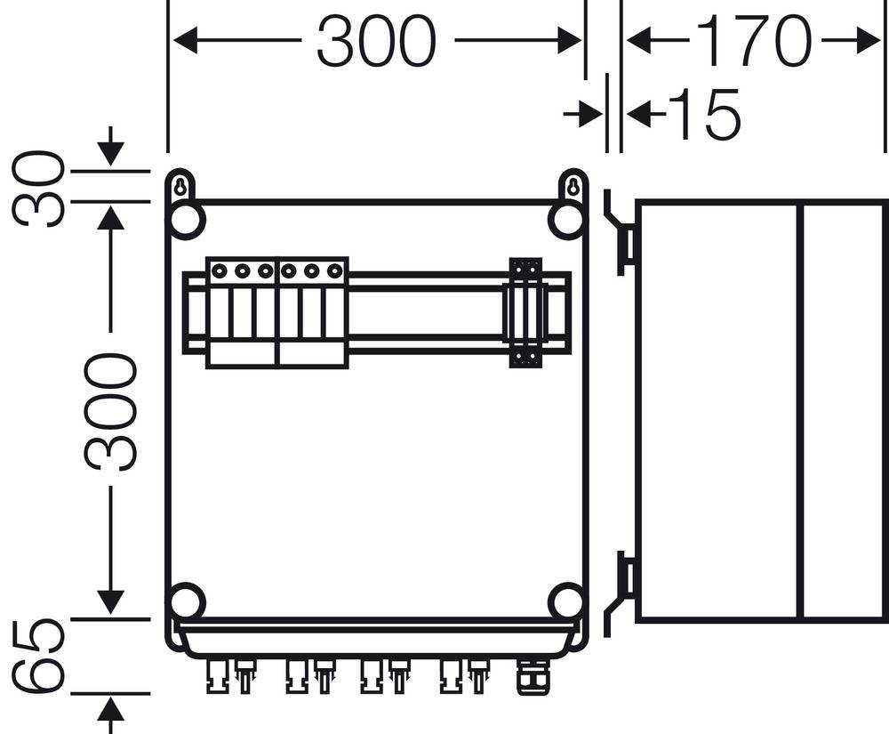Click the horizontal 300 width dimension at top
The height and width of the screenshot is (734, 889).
pos(377,41)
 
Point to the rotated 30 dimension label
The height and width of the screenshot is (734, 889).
pos(40,189)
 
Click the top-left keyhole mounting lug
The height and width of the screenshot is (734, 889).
pos(180,188)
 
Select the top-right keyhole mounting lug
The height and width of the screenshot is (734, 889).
pos(573,188)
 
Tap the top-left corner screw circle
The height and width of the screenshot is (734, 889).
pos(187,222)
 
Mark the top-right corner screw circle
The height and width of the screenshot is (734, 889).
pos(566,222)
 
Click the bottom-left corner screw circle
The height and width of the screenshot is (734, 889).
pos(187,601)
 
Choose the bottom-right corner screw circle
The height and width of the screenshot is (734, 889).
pos(566,601)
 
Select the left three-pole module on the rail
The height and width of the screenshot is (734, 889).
pos(241,312)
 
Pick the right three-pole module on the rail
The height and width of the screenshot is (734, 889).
pos(312,312)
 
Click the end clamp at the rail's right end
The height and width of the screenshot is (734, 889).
pos(525,312)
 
